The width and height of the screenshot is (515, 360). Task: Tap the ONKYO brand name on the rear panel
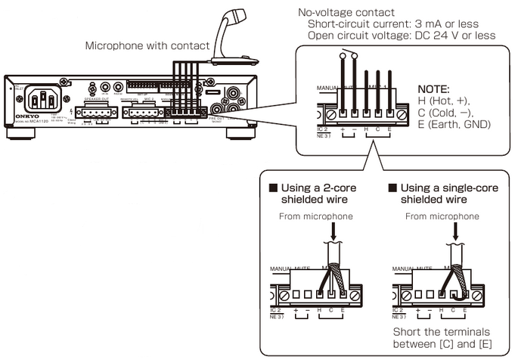click(15, 118)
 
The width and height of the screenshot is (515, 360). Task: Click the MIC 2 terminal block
click(144, 115)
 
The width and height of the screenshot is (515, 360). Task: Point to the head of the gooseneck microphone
click(242, 15)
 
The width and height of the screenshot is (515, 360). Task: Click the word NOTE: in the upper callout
click(433, 88)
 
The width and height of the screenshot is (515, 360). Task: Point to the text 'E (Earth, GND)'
click(454, 124)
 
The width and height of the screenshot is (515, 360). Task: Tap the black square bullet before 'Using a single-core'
click(392, 187)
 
